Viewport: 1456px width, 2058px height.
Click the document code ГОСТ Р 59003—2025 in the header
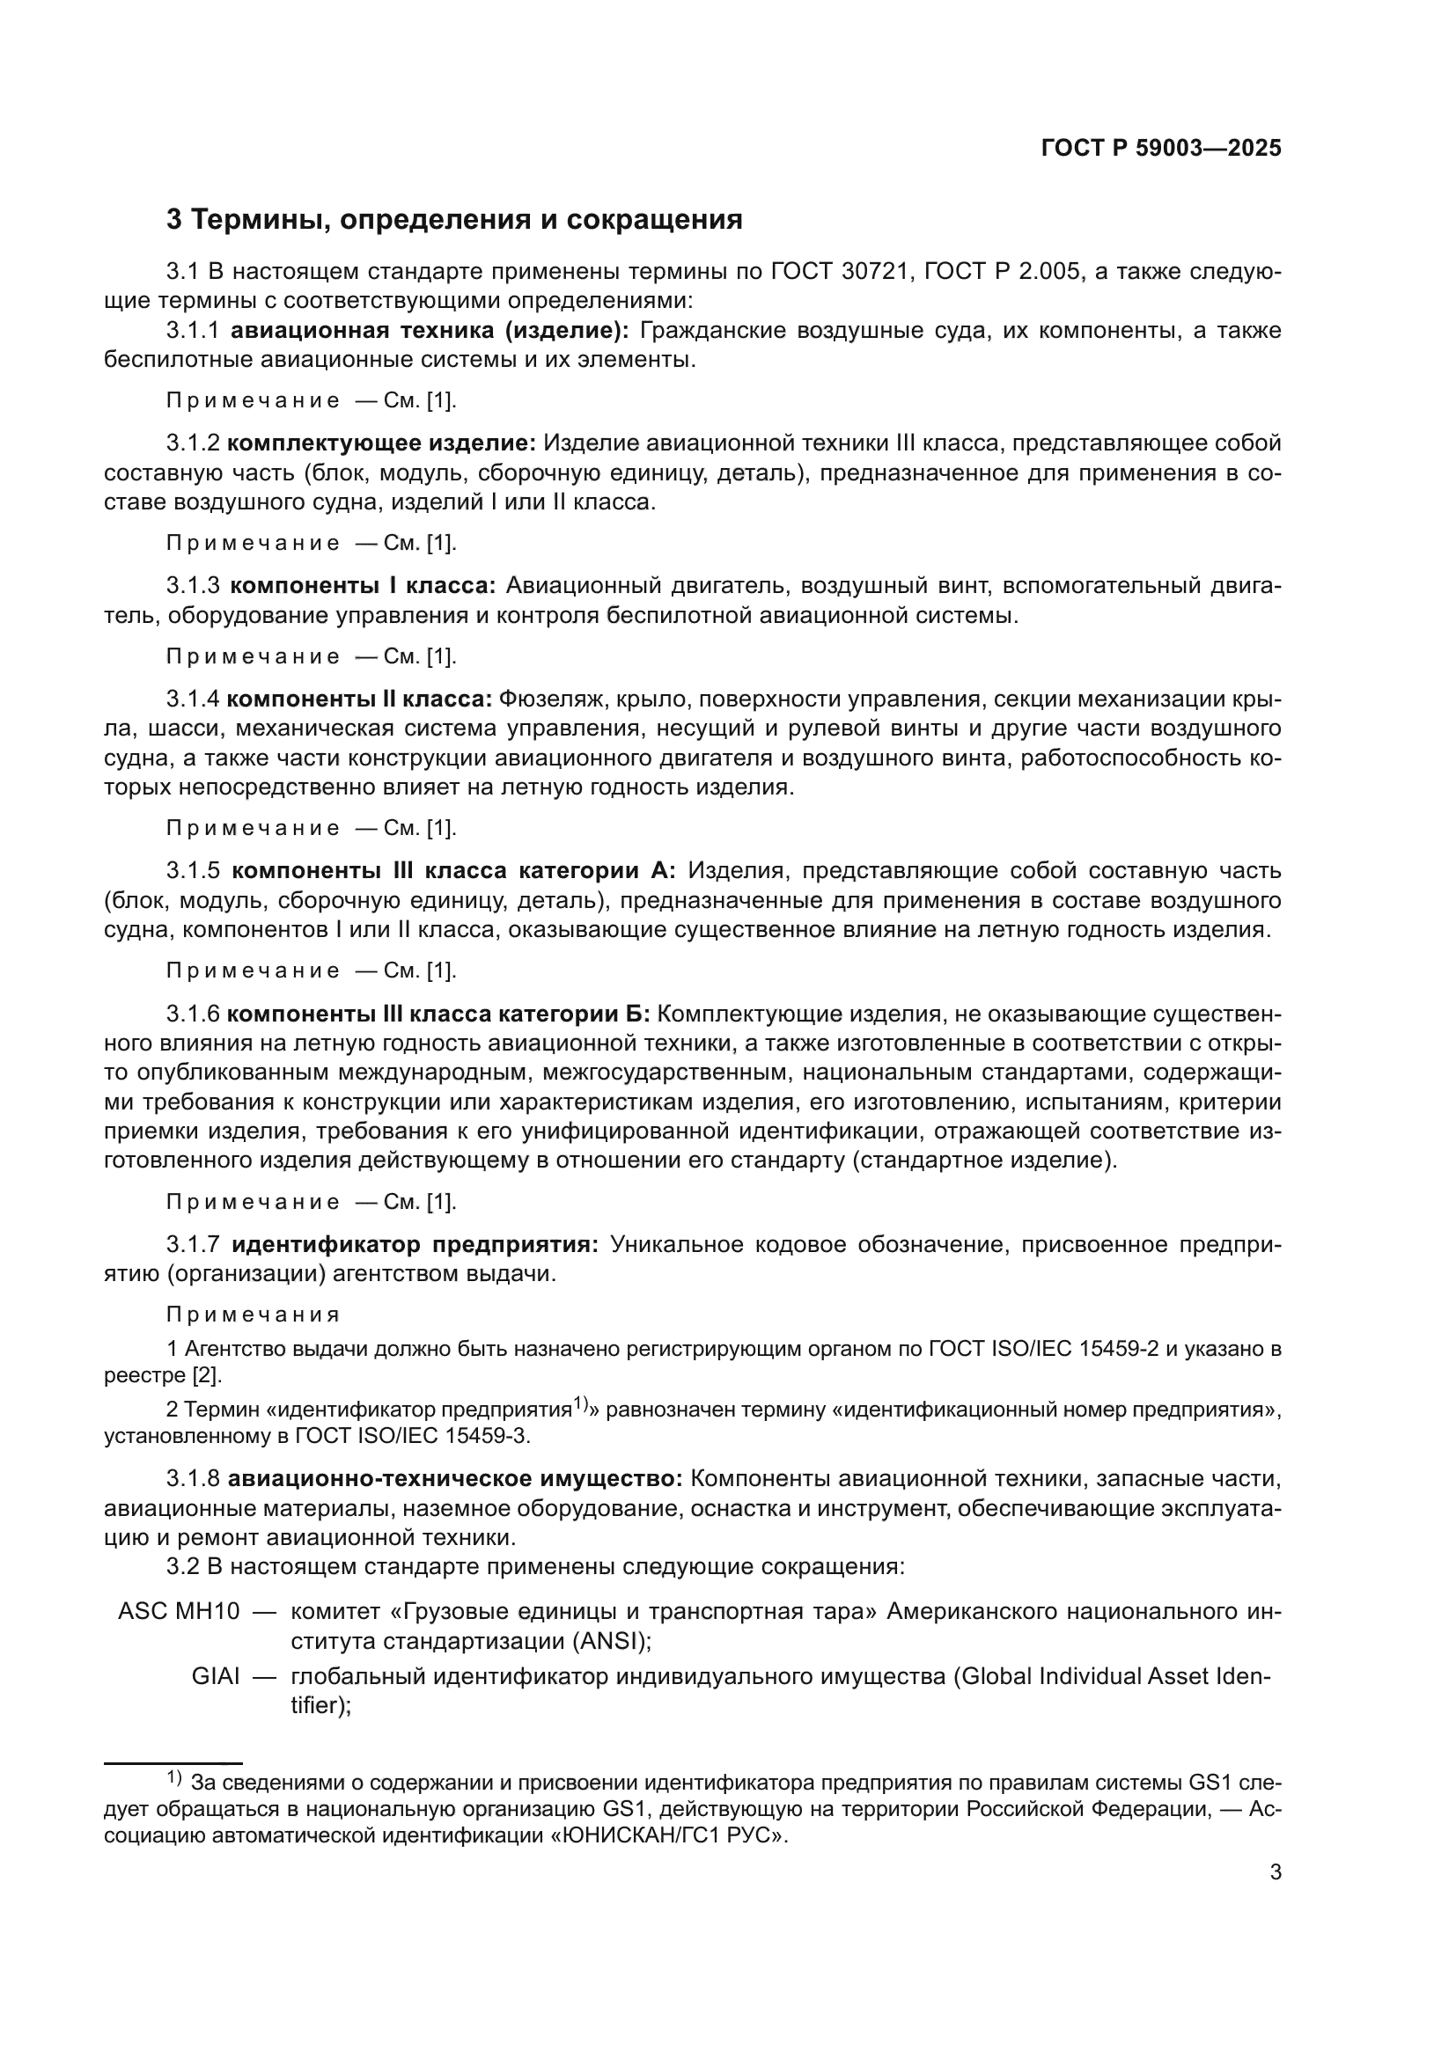coord(1161,149)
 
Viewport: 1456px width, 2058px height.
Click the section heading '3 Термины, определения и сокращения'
coord(454,220)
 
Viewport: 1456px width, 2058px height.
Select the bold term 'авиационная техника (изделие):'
coord(430,331)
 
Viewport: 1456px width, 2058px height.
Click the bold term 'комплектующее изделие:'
coord(381,443)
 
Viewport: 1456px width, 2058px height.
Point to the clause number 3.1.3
coord(193,586)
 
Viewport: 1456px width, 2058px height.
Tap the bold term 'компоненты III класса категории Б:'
coord(438,1014)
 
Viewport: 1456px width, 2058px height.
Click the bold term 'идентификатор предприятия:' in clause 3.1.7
coord(415,1245)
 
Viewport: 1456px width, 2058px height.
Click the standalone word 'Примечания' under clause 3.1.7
coord(253,1315)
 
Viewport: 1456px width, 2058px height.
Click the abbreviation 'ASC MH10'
coord(179,1611)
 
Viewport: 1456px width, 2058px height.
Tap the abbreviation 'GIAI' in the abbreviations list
coord(215,1676)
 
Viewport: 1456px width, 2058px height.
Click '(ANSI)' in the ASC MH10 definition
coord(613,1641)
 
